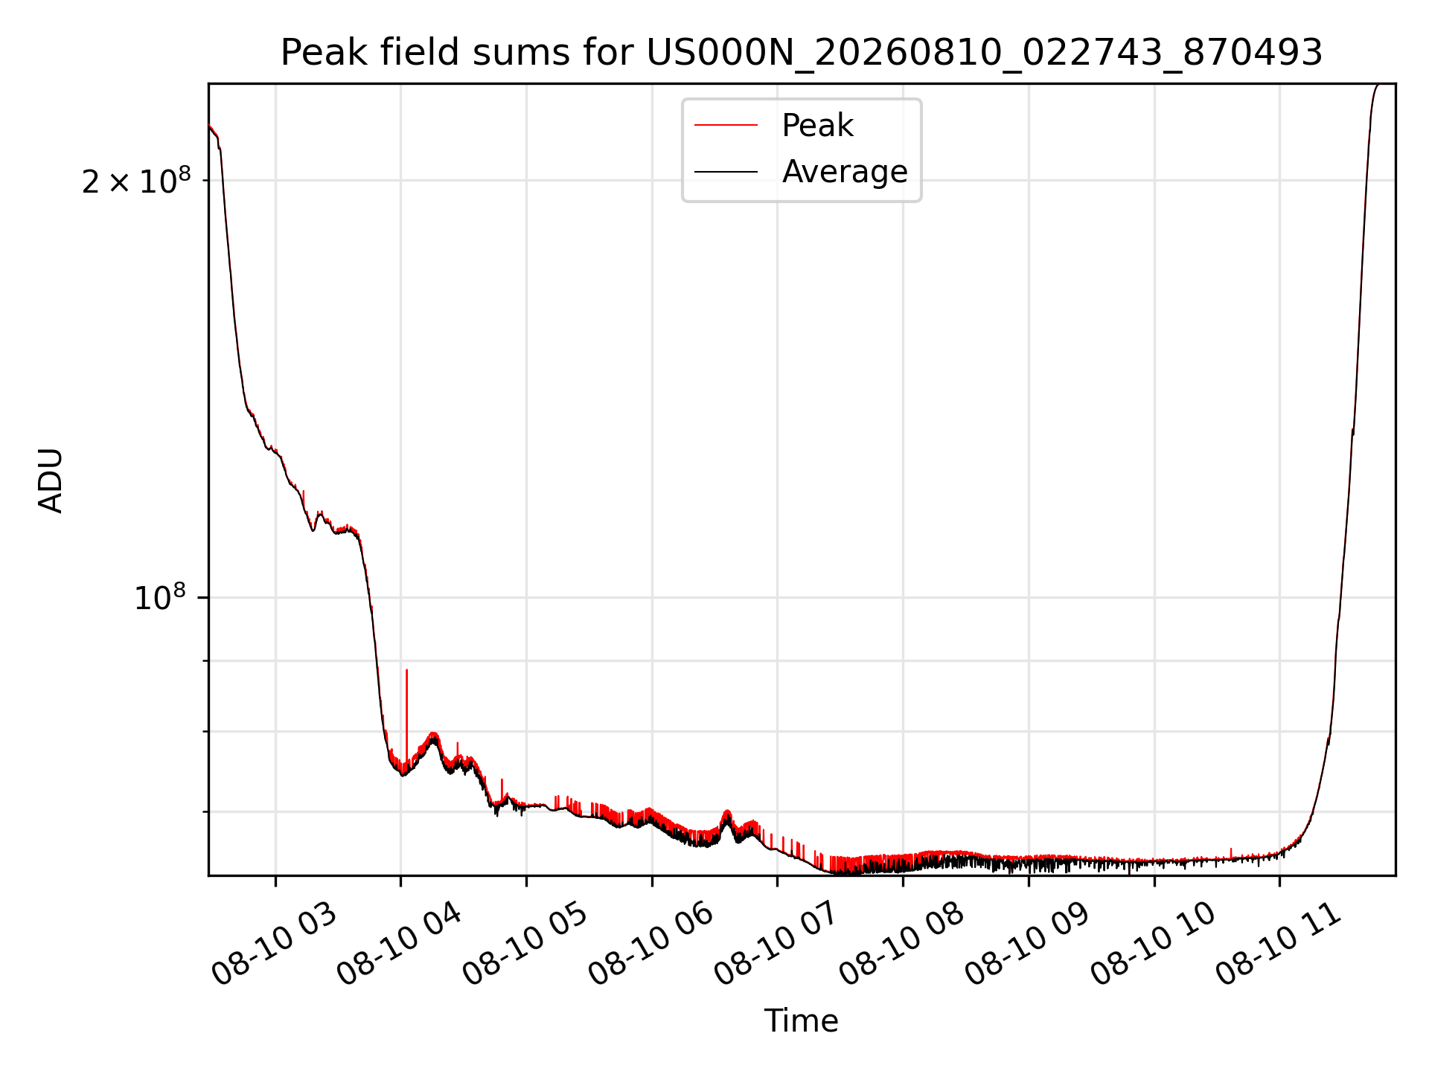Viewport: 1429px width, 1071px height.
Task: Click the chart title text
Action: [802, 53]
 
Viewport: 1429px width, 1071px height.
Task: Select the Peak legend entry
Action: [774, 125]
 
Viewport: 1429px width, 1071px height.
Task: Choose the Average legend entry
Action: [801, 172]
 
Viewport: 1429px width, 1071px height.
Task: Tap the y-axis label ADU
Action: [51, 480]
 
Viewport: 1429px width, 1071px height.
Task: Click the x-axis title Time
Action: [802, 1020]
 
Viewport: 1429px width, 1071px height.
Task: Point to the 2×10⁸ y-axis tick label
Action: [136, 180]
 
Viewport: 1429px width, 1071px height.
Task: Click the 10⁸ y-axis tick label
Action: [159, 596]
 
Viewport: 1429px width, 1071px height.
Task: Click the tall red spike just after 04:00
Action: [406, 714]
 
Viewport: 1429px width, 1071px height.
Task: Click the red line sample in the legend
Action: [726, 125]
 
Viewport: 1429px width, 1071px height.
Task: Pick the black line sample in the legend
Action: [726, 172]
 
